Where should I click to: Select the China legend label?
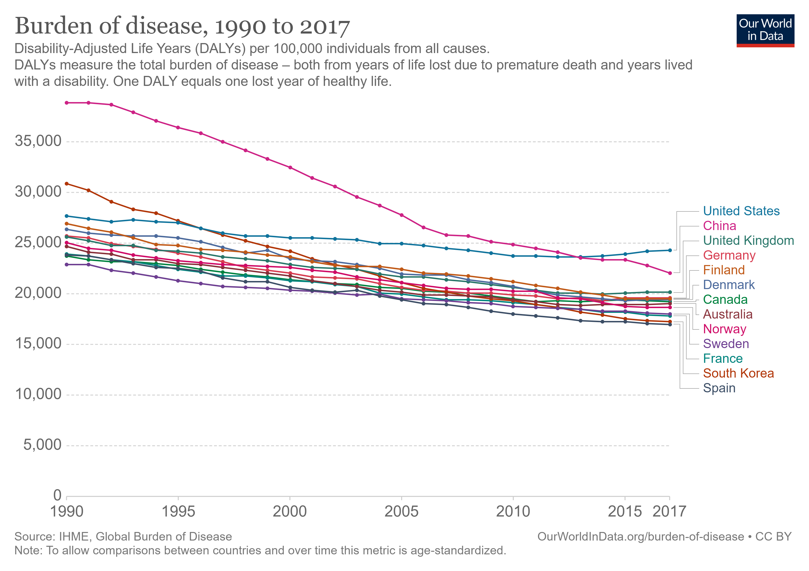(x=720, y=226)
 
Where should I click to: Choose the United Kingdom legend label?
(x=748, y=241)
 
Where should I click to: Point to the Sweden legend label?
(x=726, y=344)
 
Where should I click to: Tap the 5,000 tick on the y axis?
(x=42, y=445)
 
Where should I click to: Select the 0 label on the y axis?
(x=57, y=495)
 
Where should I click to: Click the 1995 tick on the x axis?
(x=178, y=512)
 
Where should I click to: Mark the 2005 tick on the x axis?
(x=401, y=512)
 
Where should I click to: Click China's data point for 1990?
(x=67, y=103)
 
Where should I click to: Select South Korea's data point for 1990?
(x=67, y=183)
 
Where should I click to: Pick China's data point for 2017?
(x=670, y=273)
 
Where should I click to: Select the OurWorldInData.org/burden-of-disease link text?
(x=640, y=537)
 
